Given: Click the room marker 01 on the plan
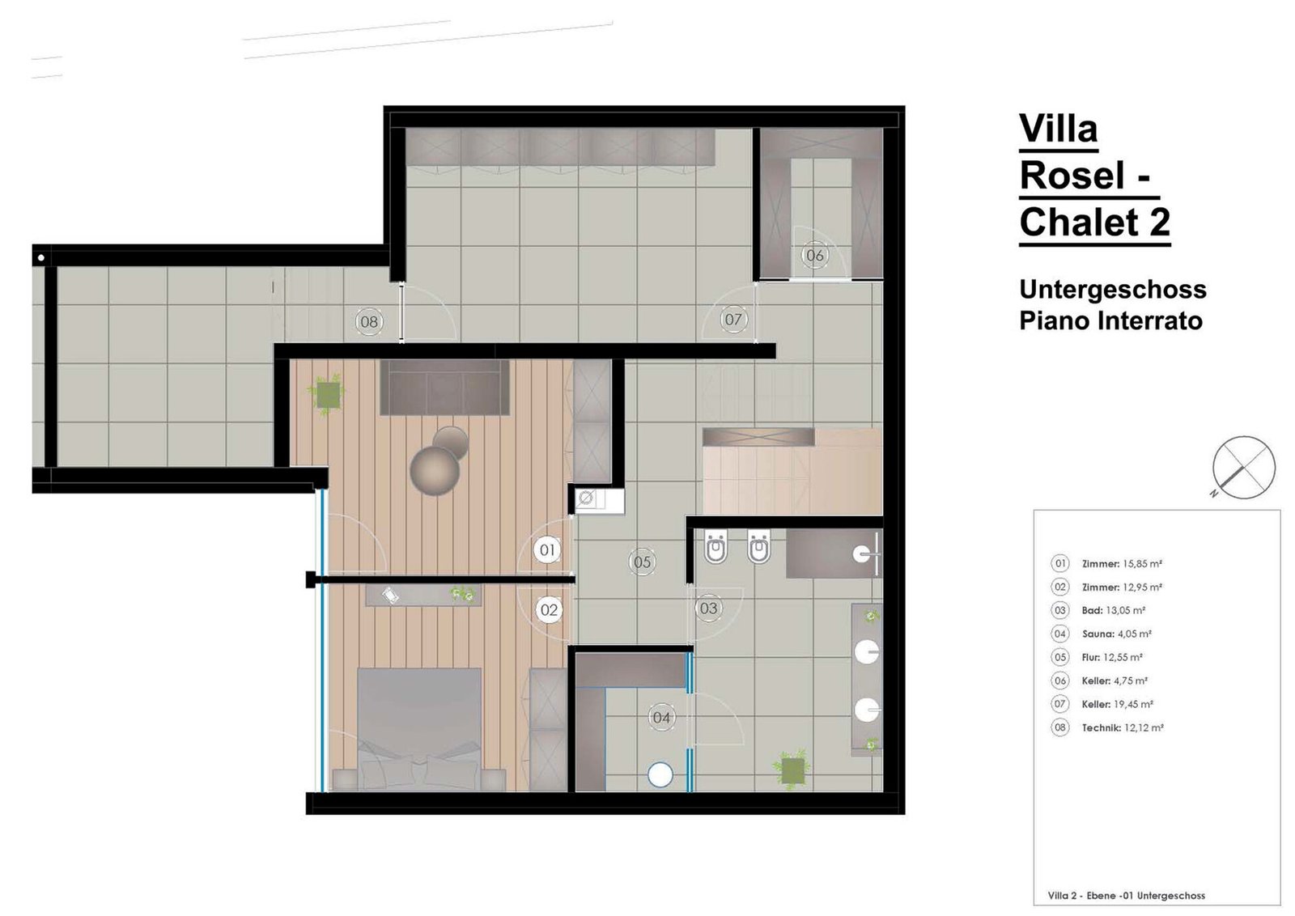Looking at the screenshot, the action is tap(547, 549).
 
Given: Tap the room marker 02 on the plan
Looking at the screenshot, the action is tap(549, 609).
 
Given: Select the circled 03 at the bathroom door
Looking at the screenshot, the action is tap(708, 608).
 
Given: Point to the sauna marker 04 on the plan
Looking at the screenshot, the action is tap(660, 717).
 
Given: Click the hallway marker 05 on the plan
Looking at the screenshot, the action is tap(642, 562).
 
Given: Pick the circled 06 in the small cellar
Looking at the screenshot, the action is tap(814, 255).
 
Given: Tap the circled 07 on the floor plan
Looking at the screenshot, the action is tap(733, 319).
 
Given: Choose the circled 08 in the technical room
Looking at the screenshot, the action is tap(369, 321).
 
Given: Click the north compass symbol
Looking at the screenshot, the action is tap(1243, 468).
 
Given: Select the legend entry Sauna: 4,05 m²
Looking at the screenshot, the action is tap(1117, 634).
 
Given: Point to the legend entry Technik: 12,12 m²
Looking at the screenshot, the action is tap(1123, 728).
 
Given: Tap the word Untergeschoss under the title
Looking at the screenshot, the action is tap(1113, 290).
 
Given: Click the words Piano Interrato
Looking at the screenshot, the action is tap(1110, 320).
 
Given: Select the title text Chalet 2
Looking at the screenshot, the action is tap(1095, 222).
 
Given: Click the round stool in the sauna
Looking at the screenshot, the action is tap(660, 775).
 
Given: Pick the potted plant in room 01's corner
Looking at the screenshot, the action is tap(327, 395).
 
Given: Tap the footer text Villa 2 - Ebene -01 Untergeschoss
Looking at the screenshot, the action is tap(1126, 896).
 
